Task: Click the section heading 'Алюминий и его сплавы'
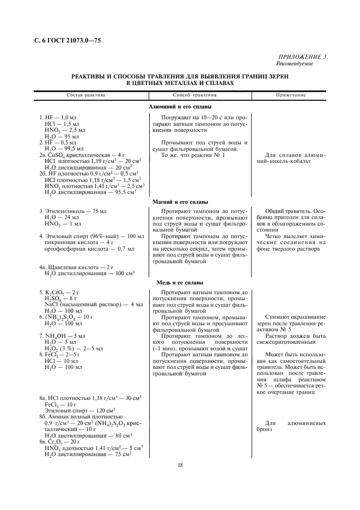pyautogui.click(x=179, y=107)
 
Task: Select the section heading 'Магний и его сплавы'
pyautogui.click(x=179, y=202)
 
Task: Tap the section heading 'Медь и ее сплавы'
pyautogui.click(x=179, y=283)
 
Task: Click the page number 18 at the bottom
pyautogui.click(x=180, y=465)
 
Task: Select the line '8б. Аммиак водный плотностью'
pyautogui.click(x=80, y=416)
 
